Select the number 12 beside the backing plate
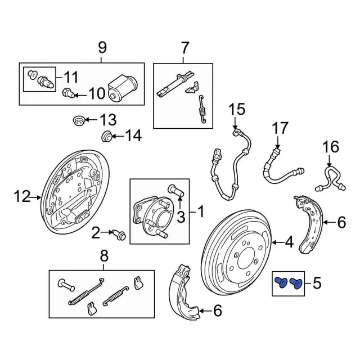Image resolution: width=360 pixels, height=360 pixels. (x=21, y=196)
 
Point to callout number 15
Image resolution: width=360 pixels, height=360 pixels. (x=237, y=108)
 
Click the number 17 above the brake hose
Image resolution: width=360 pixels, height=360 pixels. (x=280, y=129)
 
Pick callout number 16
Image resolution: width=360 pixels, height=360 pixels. (x=331, y=147)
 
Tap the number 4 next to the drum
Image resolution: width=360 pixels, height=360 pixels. (x=289, y=243)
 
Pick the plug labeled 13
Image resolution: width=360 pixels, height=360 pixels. (x=79, y=120)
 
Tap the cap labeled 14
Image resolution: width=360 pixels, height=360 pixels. (x=105, y=136)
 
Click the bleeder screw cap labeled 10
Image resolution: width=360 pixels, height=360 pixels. (x=67, y=92)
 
